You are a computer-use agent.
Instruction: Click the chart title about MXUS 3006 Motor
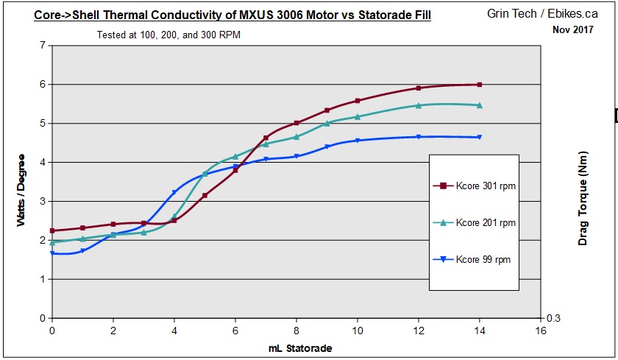point(232,15)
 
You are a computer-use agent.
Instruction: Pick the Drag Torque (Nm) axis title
point(583,205)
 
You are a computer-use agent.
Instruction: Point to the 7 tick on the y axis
point(42,46)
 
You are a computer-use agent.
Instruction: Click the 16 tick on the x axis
point(541,332)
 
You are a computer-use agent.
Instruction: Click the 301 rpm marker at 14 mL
point(480,85)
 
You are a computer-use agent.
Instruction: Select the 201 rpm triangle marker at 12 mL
point(419,105)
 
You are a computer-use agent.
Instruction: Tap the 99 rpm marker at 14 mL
point(480,137)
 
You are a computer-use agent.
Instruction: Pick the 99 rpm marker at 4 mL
point(174,193)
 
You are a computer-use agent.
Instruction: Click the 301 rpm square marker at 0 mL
point(52,230)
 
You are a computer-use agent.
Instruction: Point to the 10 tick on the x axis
point(358,332)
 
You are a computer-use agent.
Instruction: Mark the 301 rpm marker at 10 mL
point(358,101)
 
